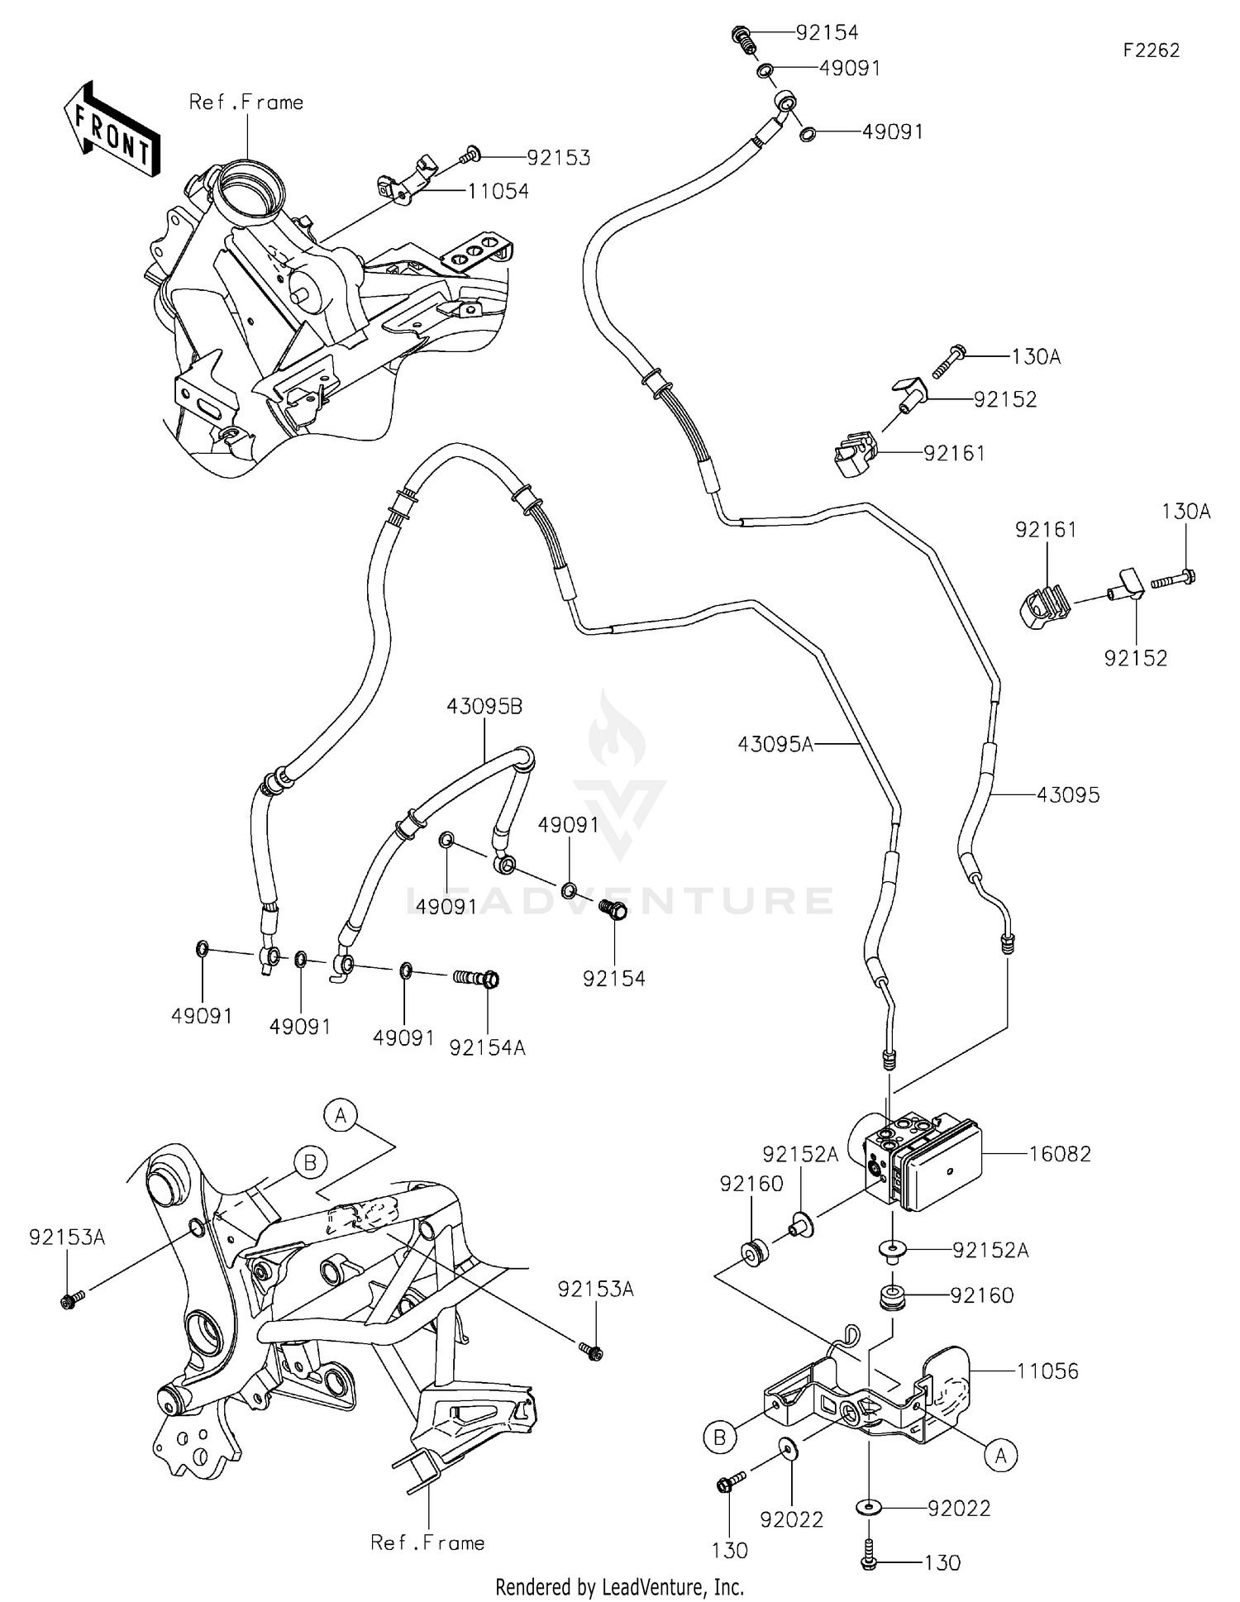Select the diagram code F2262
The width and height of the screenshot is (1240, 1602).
1151,50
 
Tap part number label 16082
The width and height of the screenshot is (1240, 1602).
1060,1153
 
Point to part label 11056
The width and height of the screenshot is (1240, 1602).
1047,1371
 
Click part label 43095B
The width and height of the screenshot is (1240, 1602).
484,707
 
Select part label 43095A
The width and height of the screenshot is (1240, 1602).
775,745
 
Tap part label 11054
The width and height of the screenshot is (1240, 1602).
498,191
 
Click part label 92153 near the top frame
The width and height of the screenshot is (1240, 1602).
558,157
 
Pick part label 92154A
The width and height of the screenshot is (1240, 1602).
488,1047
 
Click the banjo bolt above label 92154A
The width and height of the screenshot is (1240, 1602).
478,979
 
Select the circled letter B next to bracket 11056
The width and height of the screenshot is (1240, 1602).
719,1438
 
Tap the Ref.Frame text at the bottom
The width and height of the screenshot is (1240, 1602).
427,1542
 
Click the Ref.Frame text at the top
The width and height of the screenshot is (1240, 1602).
246,103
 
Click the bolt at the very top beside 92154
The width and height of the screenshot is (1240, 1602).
742,37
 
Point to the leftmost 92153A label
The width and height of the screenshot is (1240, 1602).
67,1237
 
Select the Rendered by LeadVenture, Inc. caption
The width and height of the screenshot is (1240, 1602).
619,1587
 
